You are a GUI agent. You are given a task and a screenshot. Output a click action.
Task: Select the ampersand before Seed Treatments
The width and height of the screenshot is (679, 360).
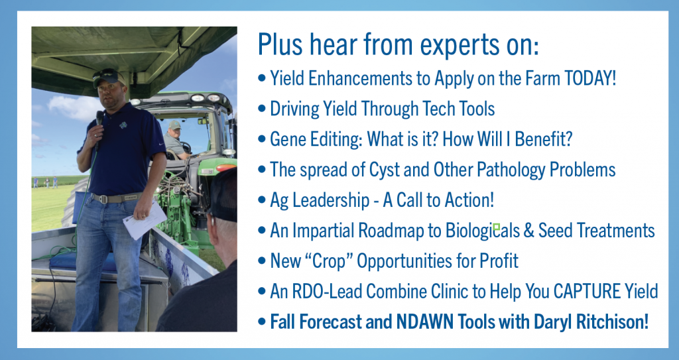tap(528, 231)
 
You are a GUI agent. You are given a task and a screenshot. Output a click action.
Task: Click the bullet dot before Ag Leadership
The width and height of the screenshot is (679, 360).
tap(261, 201)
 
